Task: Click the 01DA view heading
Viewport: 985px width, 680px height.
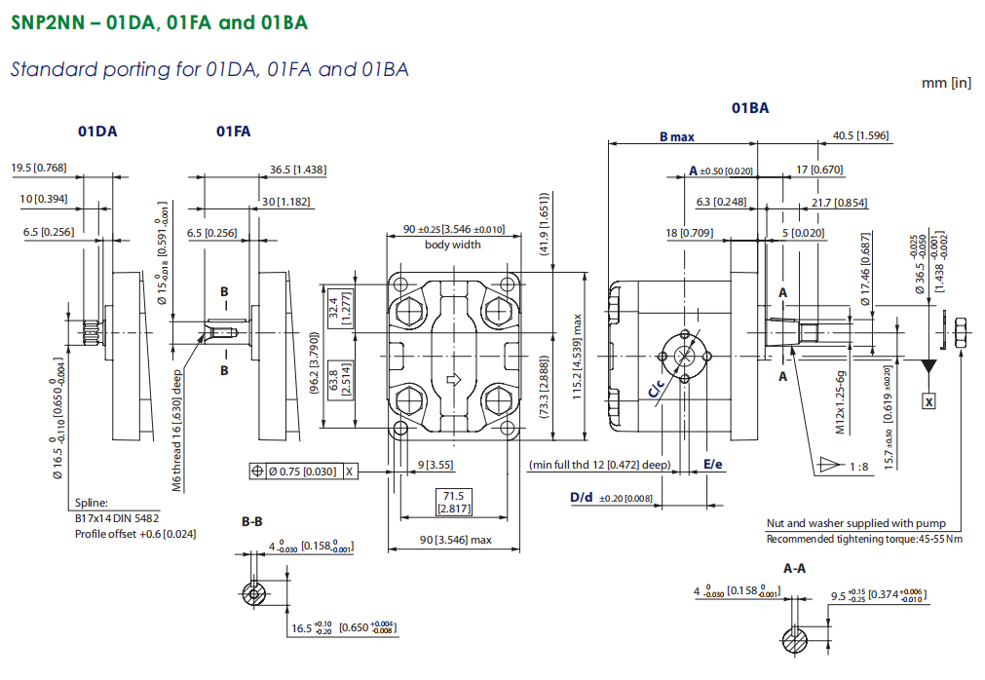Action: [x=97, y=132]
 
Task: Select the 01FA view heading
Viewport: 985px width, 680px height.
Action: [x=233, y=132]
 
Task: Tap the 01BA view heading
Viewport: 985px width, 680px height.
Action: [x=750, y=108]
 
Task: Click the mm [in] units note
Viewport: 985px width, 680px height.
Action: [x=946, y=83]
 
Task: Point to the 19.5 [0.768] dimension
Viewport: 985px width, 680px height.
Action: [x=39, y=169]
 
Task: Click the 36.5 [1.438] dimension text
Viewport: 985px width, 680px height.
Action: [x=297, y=170]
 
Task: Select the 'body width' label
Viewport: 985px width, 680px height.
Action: [x=452, y=245]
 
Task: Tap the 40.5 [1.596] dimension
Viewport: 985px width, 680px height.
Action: [x=860, y=135]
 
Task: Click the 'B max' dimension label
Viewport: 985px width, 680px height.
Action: [x=676, y=137]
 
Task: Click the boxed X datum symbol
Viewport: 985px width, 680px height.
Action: [x=928, y=401]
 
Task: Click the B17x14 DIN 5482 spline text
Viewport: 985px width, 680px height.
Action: [x=117, y=518]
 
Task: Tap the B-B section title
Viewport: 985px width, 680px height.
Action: [x=253, y=522]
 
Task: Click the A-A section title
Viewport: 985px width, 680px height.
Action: [x=794, y=567]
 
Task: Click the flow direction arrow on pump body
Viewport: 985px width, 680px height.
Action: [x=453, y=379]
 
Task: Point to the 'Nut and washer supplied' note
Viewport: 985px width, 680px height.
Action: [x=855, y=524]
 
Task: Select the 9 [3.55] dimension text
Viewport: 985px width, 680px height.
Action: [x=436, y=465]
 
